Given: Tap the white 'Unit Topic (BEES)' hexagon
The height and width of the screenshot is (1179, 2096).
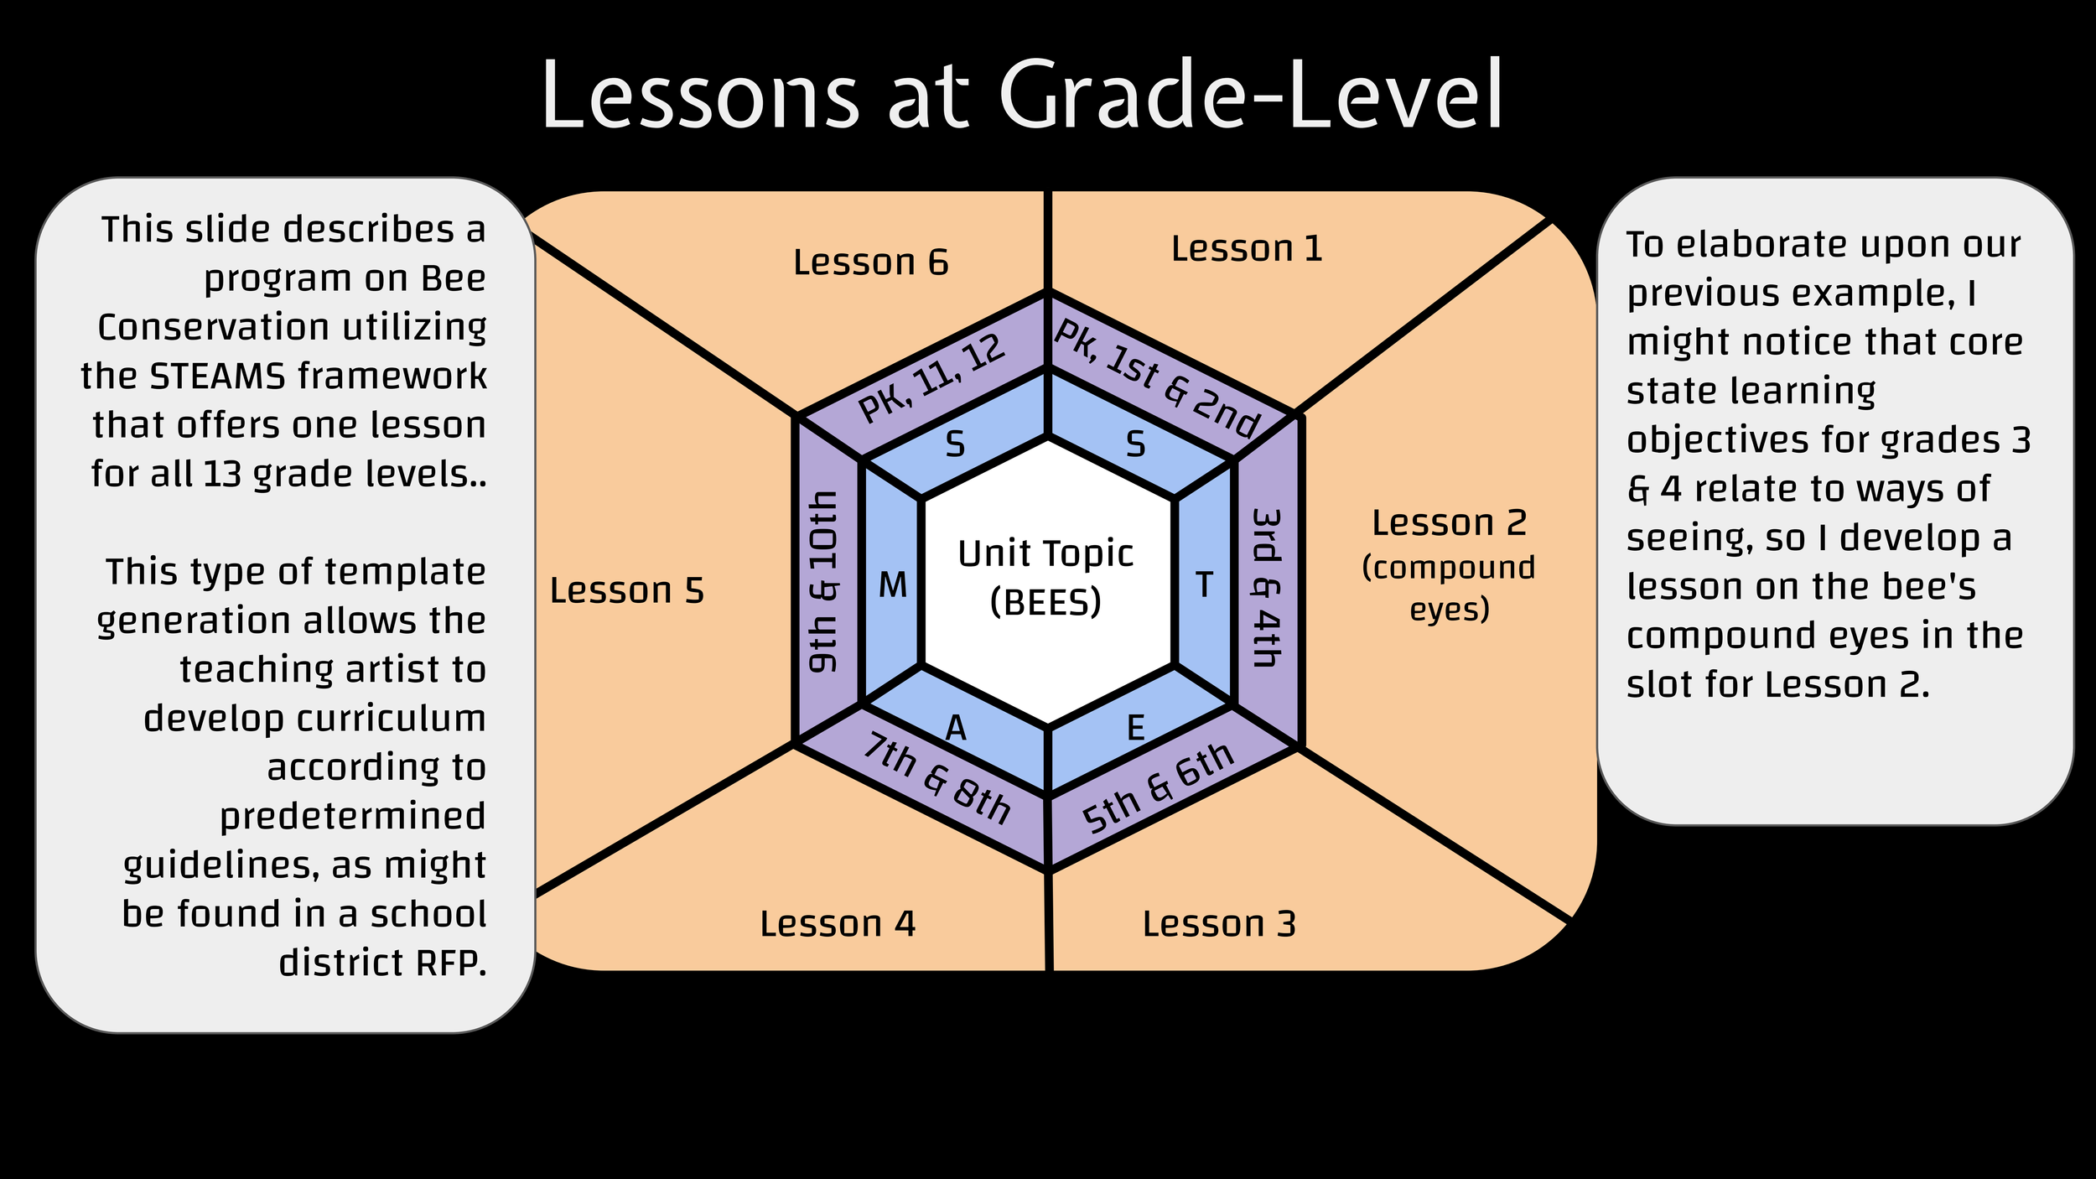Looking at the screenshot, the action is (x=1046, y=578).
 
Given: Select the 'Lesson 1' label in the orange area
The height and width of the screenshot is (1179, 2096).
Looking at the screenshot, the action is (x=1247, y=249).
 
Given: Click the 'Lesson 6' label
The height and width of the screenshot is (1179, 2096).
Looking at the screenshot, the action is (x=870, y=262).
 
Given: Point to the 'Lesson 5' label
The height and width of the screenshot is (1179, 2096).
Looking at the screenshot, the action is (x=626, y=590).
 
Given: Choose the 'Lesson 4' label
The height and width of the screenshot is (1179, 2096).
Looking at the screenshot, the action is (x=838, y=924).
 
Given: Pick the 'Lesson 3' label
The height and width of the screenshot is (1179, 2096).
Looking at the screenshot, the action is (x=1219, y=924).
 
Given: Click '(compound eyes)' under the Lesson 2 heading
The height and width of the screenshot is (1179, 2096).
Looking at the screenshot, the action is (x=1449, y=588).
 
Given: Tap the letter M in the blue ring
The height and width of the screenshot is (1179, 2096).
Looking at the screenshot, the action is (x=893, y=585).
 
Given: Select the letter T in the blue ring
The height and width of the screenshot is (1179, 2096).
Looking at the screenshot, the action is (x=1204, y=585).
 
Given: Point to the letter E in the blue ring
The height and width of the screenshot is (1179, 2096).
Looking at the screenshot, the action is (x=1135, y=728).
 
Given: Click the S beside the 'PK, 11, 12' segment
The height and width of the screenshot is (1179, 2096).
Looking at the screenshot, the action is (x=955, y=444).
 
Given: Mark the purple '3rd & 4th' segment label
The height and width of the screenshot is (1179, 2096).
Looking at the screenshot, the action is (x=1266, y=587).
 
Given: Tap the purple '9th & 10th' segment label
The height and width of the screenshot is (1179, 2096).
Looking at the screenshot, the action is (x=823, y=582).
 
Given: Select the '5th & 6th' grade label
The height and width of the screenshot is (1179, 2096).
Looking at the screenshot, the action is (x=1157, y=788).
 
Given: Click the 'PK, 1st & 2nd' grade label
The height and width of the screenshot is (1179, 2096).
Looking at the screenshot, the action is (x=1157, y=378).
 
